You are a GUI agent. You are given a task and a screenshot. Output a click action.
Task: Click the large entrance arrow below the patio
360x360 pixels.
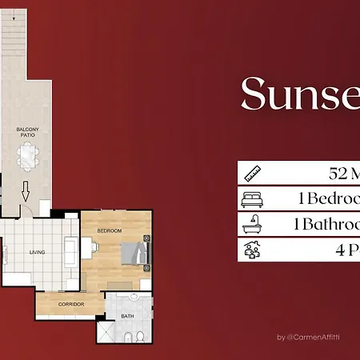tap(25, 192)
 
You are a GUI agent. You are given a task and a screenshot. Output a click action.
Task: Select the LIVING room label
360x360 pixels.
tap(38, 253)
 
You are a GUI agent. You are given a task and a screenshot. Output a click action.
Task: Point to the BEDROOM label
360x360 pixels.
tap(110, 231)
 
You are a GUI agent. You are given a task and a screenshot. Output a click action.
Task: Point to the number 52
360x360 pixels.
tap(339, 173)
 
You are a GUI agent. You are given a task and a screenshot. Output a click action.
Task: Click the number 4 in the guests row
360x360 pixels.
tap(342, 250)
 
